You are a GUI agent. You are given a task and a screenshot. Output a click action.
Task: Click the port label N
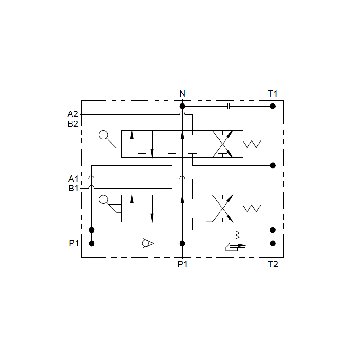[x=182, y=94]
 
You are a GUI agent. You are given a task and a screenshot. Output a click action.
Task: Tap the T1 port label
[x=273, y=94]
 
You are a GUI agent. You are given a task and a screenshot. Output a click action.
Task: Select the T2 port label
[x=273, y=264]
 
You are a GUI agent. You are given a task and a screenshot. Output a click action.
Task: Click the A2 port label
[x=73, y=114]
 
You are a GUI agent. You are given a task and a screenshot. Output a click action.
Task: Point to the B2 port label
[x=73, y=124]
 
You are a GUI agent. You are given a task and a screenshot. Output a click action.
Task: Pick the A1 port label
[x=73, y=179]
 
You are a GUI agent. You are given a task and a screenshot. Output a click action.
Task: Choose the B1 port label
[x=73, y=188]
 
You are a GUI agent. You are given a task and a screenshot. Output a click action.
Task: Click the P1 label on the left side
[x=74, y=243]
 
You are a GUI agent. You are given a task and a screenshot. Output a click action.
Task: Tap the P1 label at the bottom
[x=183, y=264]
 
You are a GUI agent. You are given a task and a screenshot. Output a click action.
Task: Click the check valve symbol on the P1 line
[x=148, y=243]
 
